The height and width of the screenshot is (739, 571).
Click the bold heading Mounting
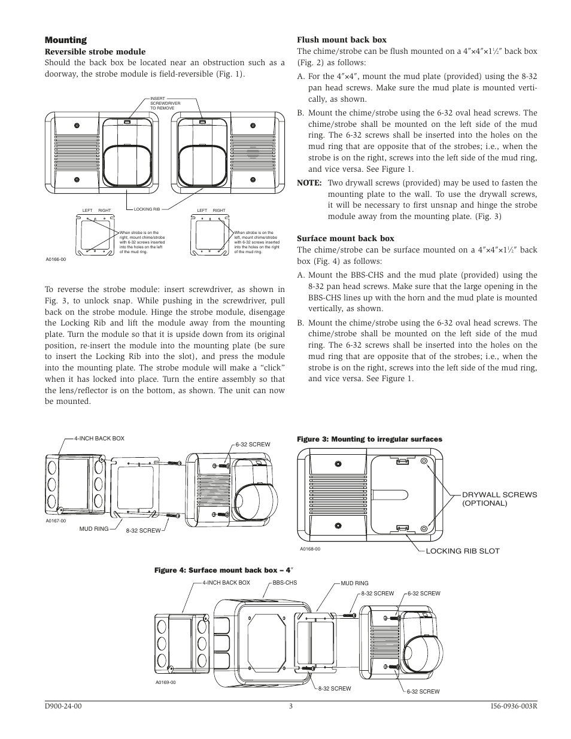point(66,40)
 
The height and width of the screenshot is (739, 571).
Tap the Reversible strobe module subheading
point(95,52)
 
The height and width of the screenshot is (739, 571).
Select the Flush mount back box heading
point(342,40)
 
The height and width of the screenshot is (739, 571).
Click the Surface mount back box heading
point(345,238)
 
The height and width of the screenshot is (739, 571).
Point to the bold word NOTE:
point(309,183)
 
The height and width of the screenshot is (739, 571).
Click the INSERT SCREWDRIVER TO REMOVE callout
point(165,104)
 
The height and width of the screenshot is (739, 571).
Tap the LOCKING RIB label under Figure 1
point(147,209)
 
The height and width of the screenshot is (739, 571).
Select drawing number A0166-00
point(56,259)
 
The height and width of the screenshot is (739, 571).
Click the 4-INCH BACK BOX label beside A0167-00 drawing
point(99,439)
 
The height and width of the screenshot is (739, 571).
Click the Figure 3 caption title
point(369,439)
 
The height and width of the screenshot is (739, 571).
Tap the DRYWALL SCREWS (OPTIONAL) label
point(499,499)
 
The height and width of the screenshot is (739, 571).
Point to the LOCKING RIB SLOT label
point(462,551)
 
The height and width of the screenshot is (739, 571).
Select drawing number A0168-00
point(310,549)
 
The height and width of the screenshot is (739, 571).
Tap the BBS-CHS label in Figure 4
point(285,583)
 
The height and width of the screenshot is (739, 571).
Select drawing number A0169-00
point(166,682)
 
